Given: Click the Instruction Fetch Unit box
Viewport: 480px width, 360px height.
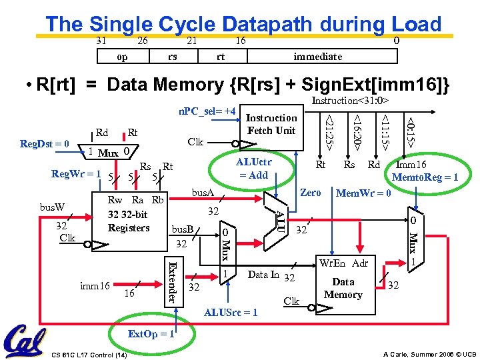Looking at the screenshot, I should pos(271,124).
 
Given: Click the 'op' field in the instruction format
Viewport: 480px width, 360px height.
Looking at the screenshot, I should pos(122,57).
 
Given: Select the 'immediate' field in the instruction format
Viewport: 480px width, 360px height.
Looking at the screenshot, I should pos(317,57).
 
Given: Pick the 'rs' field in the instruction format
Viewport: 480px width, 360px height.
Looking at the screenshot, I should pos(173,57).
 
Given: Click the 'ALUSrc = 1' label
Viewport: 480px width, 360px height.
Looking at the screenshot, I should pos(231,312).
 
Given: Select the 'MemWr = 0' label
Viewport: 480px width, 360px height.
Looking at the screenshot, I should pos(363,193).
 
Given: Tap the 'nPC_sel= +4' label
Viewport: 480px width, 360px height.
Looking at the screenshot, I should pos(207,109).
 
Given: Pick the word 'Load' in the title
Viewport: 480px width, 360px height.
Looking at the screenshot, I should pos(416,24).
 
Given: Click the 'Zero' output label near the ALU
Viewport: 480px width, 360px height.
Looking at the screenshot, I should pos(311,193).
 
